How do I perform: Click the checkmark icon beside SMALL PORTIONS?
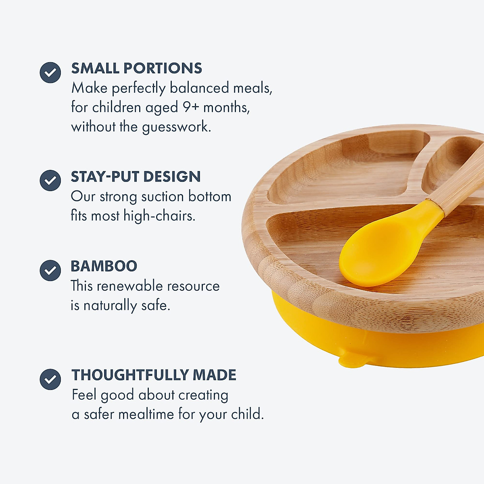(x=50, y=73)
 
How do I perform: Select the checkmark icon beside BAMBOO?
(x=50, y=270)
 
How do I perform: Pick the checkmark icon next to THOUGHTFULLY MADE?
(x=50, y=379)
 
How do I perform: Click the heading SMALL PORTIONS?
(x=137, y=68)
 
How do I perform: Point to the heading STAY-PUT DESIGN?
(x=136, y=177)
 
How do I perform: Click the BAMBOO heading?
(x=104, y=266)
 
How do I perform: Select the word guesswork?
(x=176, y=127)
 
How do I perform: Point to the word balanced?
(x=199, y=88)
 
